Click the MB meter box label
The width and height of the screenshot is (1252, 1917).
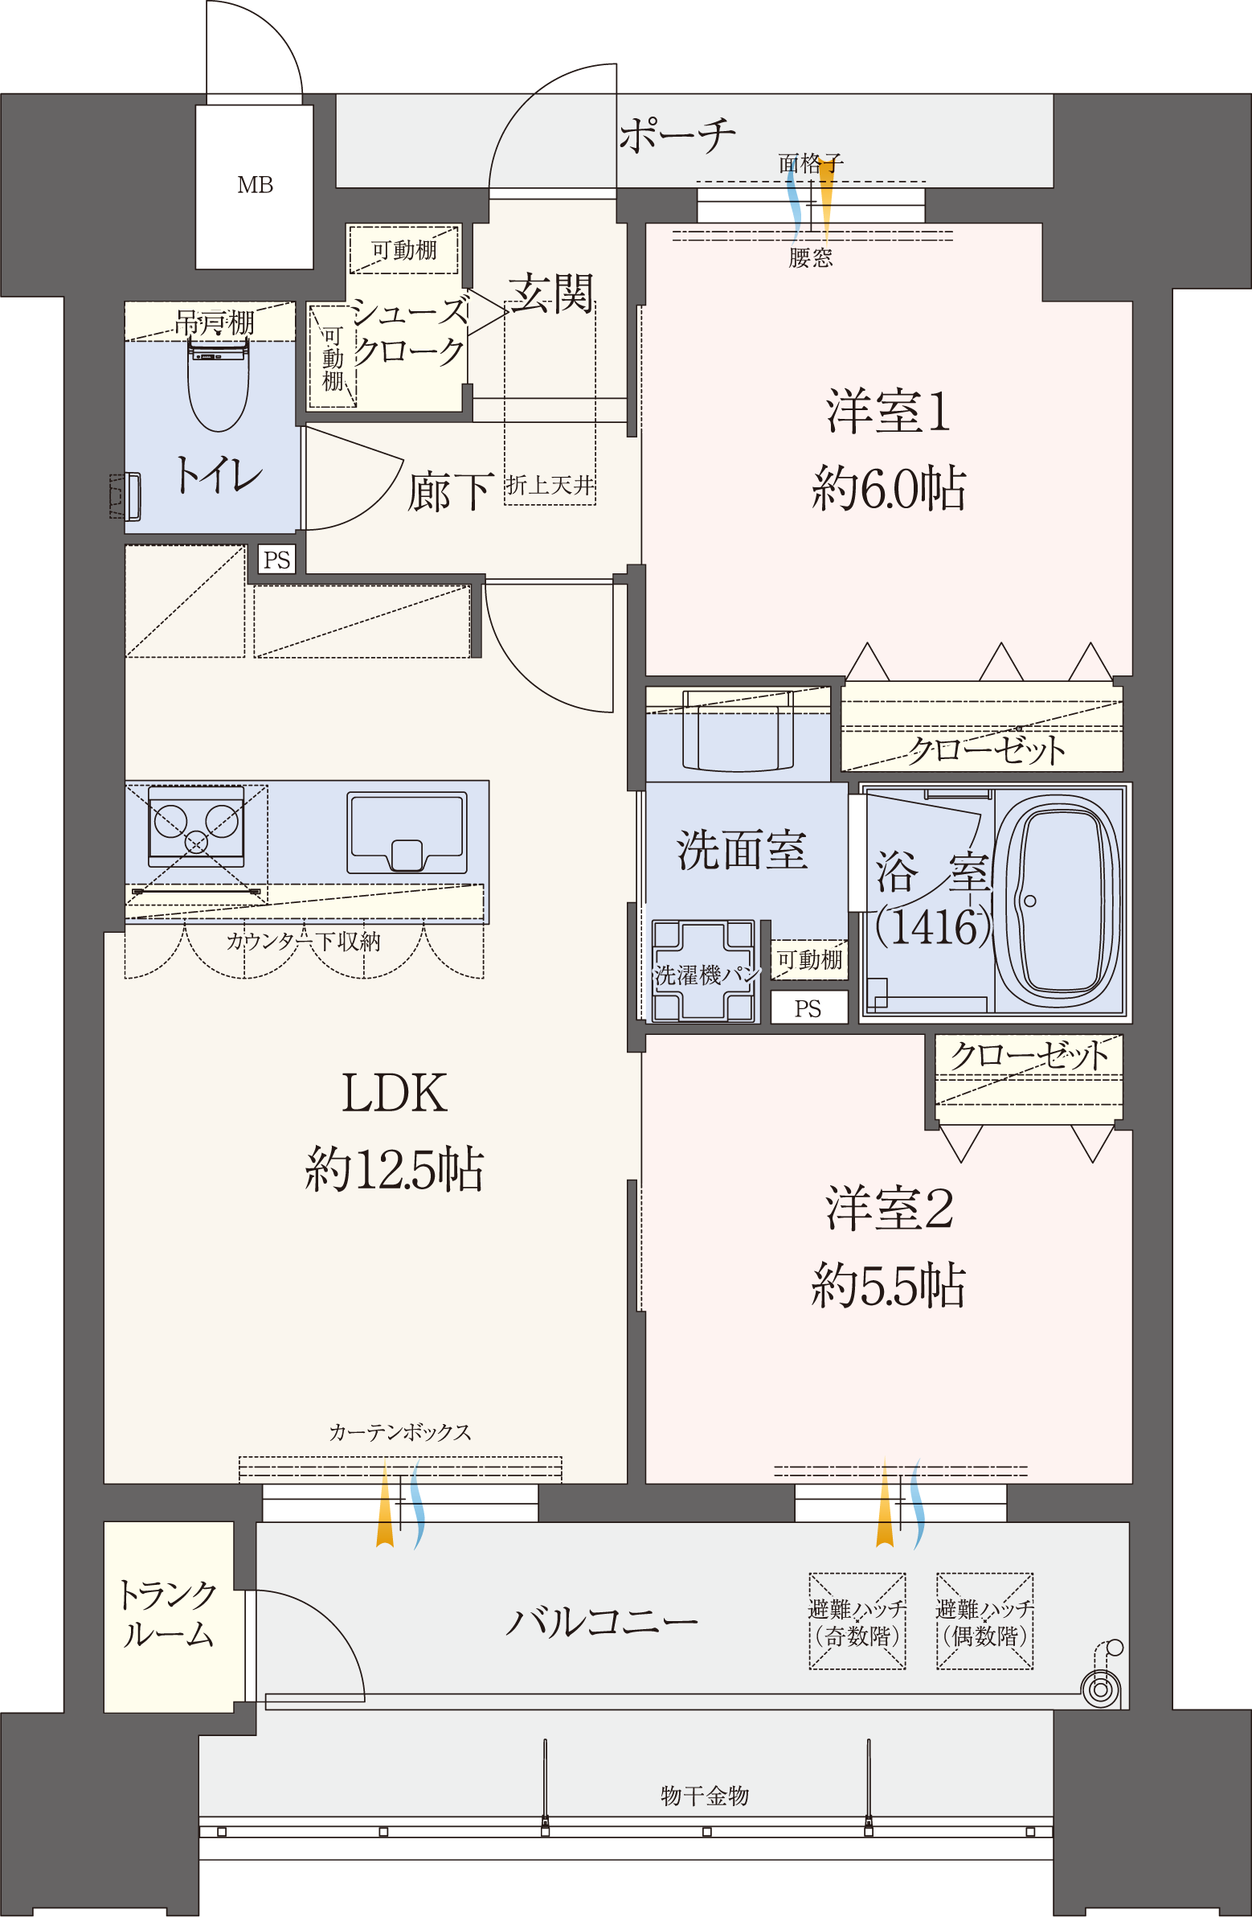point(255,185)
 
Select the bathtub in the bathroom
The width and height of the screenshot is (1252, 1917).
point(1058,900)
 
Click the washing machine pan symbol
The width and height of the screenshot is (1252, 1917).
point(703,971)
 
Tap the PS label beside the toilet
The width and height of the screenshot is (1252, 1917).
point(276,560)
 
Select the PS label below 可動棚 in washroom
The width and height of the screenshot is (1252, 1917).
point(808,1008)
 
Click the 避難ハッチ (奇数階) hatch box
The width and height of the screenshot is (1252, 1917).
point(857,1622)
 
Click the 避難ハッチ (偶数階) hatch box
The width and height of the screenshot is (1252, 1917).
point(984,1622)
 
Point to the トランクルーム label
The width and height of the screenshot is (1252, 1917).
point(167,1615)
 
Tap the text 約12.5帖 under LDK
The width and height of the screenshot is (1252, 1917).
point(394,1169)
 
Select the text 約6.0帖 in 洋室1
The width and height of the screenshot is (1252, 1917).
point(888,488)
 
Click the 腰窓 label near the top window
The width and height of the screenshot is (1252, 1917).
point(810,258)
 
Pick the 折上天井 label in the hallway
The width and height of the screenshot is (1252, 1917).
point(550,485)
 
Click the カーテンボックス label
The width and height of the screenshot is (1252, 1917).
point(399,1432)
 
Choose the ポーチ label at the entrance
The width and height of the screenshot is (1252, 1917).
point(677,135)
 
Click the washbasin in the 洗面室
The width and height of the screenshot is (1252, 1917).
point(738,730)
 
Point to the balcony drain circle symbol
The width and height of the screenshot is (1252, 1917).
point(1101,1688)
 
